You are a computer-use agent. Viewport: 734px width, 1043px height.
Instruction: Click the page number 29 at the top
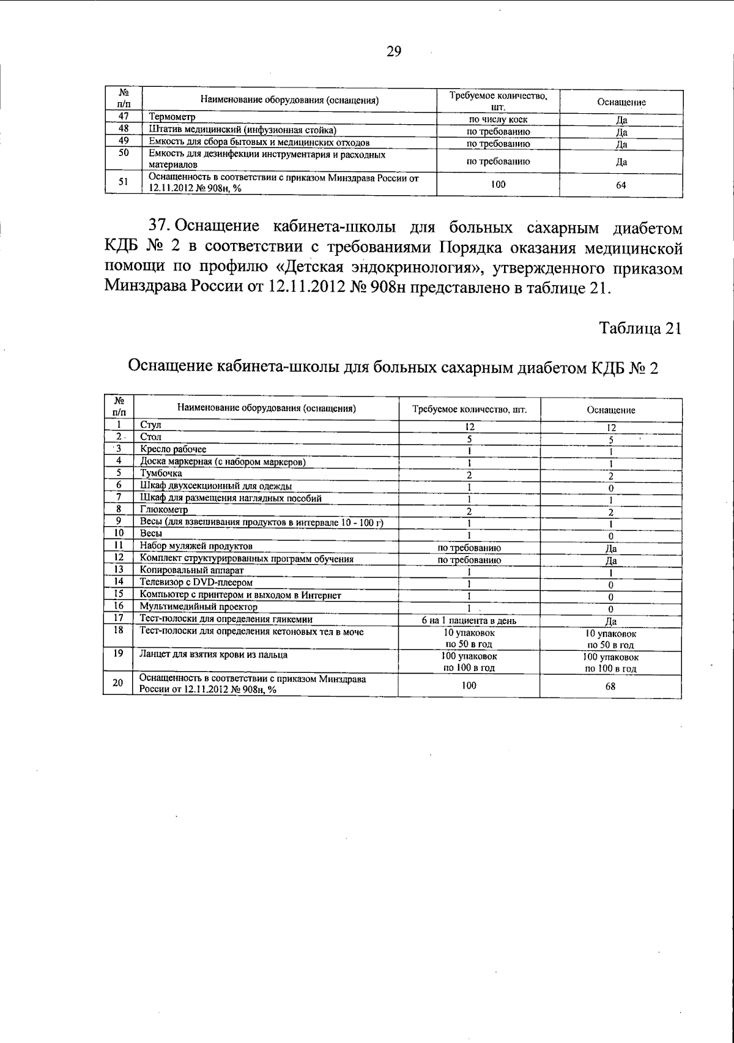[394, 52]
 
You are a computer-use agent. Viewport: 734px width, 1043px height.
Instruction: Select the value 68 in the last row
[610, 686]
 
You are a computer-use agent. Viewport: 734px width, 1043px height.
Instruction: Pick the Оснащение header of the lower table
[610, 410]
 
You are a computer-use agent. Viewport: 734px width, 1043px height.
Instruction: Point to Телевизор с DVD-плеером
[196, 582]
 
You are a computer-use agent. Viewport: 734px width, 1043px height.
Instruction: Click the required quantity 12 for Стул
[470, 427]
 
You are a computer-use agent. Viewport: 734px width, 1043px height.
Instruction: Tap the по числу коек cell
[498, 120]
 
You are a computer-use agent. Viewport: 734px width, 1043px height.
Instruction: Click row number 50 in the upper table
[124, 154]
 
